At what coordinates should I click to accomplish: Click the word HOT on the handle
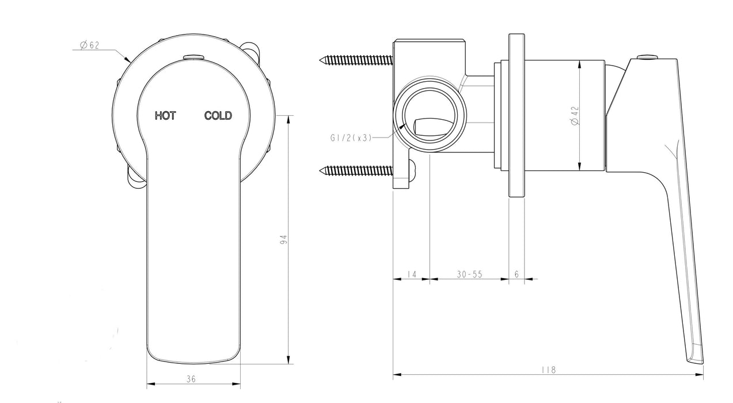coord(165,116)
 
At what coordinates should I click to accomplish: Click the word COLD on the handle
coord(218,116)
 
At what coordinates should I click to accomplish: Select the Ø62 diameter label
coord(90,45)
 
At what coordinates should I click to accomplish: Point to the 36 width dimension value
coord(191,378)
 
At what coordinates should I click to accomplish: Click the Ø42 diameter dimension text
coord(574,115)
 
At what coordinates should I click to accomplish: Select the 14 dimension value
coord(411,275)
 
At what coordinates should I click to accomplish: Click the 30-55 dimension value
coord(470,275)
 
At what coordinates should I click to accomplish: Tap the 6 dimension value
coord(516,275)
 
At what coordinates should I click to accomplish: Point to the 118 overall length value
coord(549,370)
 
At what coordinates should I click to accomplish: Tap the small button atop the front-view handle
coord(193,56)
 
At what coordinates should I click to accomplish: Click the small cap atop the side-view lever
coord(648,56)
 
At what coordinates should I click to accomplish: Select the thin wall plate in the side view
coord(516,115)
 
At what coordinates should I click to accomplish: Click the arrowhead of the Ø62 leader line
coord(127,59)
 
